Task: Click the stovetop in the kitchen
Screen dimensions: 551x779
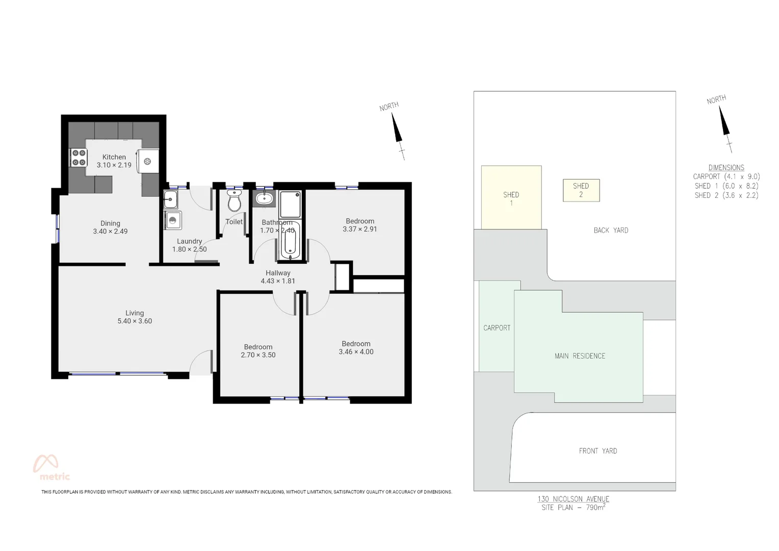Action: (79, 158)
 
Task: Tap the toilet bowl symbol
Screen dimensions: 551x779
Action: (234, 202)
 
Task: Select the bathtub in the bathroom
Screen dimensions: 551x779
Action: (289, 240)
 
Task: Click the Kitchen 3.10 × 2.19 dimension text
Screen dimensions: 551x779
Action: (114, 165)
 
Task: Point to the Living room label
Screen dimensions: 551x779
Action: (135, 313)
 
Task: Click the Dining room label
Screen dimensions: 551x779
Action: (110, 223)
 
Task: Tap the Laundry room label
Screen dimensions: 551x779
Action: (189, 241)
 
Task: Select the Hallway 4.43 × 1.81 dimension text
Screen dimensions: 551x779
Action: (278, 281)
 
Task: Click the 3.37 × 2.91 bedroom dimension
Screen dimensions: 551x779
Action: (360, 229)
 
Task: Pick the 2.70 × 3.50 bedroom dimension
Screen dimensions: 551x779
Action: (258, 355)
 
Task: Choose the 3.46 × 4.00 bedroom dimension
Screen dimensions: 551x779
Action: (356, 352)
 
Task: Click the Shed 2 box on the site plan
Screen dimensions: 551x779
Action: (581, 190)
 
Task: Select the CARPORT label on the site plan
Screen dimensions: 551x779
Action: (497, 328)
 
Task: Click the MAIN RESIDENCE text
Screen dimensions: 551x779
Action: (580, 356)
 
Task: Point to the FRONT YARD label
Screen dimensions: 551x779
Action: (598, 451)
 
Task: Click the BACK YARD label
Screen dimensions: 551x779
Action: (611, 231)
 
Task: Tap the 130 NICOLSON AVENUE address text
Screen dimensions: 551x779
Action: (573, 499)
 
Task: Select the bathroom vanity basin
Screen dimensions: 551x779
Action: (264, 198)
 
